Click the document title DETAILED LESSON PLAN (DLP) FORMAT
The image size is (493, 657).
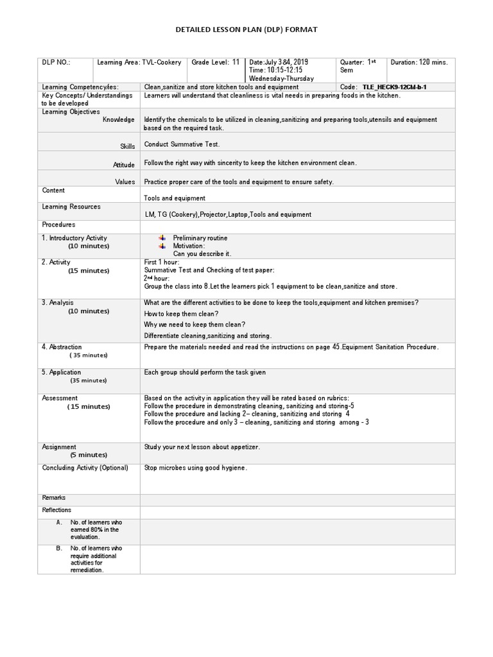(246, 30)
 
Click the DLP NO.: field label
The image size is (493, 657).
(56, 62)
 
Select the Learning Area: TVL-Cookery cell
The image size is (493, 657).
(139, 62)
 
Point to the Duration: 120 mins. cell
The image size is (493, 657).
(419, 62)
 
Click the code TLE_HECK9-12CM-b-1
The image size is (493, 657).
(394, 87)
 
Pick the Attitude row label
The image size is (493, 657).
(124, 165)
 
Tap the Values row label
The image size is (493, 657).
(125, 182)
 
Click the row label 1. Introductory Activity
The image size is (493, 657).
(74, 238)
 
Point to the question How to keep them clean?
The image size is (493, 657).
(181, 314)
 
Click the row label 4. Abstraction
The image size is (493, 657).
(62, 347)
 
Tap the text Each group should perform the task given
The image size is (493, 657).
(205, 372)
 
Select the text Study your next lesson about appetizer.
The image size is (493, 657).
(202, 447)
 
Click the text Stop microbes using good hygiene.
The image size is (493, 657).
(195, 468)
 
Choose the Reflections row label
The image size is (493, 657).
(57, 510)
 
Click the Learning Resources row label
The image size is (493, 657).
(71, 207)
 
